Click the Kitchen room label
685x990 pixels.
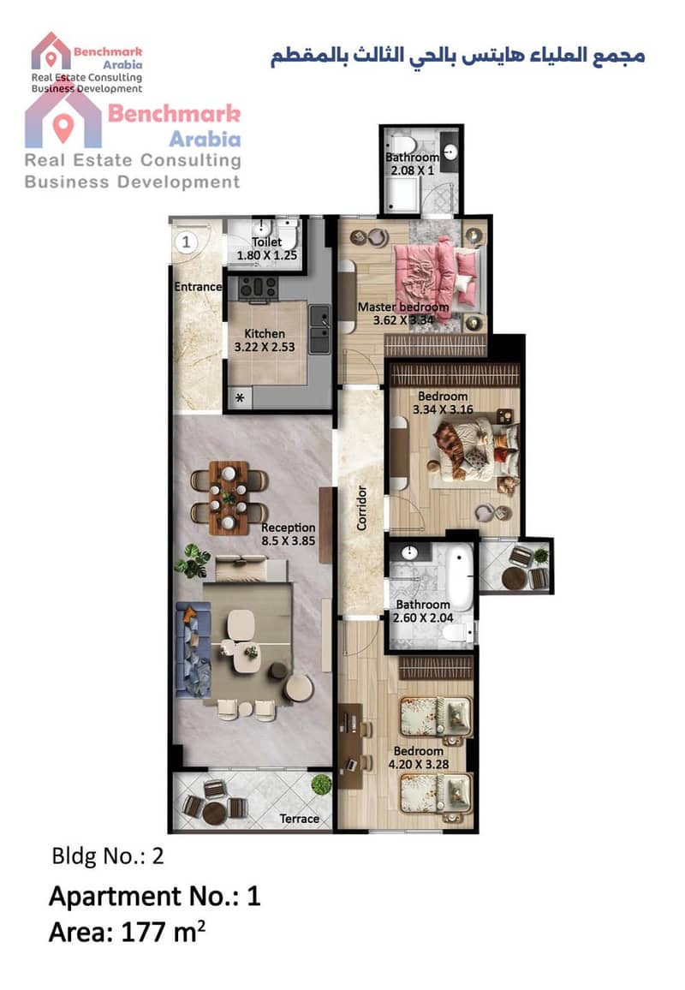[x=265, y=333]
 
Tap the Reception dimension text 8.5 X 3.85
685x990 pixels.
[x=288, y=541]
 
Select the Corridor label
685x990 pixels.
[x=361, y=508]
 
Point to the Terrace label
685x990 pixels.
[x=299, y=819]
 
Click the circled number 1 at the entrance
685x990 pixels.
[x=187, y=242]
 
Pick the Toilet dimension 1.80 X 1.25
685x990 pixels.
[x=266, y=256]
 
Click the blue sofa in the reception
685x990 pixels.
[x=193, y=649]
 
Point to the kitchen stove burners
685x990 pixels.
[x=258, y=287]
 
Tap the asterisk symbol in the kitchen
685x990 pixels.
[x=240, y=398]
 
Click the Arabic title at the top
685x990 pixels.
[x=458, y=56]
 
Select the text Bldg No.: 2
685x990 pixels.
[x=107, y=856]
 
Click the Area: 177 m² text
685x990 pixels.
[x=127, y=932]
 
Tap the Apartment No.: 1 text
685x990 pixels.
[x=155, y=896]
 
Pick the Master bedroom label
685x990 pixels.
[x=403, y=307]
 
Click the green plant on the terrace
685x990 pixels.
[x=321, y=784]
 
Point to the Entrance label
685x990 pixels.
[x=199, y=287]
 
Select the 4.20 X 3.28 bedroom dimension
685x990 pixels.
[x=419, y=765]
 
